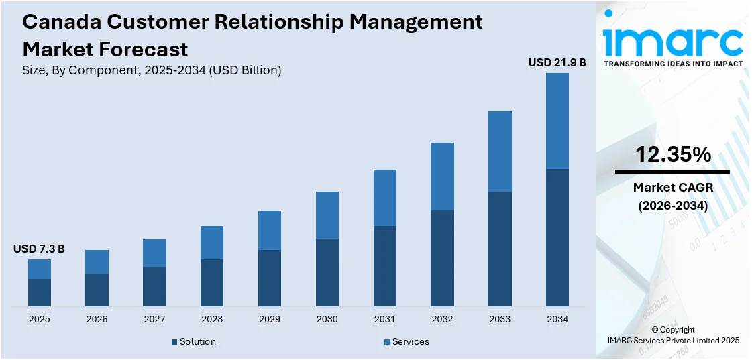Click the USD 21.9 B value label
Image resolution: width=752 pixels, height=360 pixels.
coord(557,62)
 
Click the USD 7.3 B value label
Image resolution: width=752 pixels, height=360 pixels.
coord(39,249)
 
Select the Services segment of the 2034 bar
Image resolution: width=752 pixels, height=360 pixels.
coord(557,121)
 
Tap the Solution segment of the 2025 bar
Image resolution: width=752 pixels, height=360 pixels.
coord(40,293)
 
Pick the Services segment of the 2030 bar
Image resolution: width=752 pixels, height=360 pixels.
coord(327,215)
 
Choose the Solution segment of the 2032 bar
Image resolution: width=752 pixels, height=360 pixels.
coord(442,258)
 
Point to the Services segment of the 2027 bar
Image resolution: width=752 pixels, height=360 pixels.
coord(154,253)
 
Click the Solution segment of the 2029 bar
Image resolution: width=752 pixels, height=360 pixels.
coord(270,278)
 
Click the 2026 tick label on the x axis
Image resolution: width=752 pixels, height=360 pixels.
coord(97,319)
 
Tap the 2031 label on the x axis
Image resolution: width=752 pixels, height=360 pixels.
coord(384,319)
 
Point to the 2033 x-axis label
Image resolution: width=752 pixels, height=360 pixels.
coord(500,319)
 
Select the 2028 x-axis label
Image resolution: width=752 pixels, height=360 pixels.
coord(212,319)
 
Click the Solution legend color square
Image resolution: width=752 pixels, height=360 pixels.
coord(174,342)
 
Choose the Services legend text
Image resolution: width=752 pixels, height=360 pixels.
coord(411,341)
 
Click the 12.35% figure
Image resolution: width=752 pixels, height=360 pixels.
coord(673,155)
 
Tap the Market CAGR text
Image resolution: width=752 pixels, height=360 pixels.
coord(673,188)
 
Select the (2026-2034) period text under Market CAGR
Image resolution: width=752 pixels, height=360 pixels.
coord(673,206)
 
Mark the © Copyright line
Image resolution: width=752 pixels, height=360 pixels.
coord(673,330)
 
